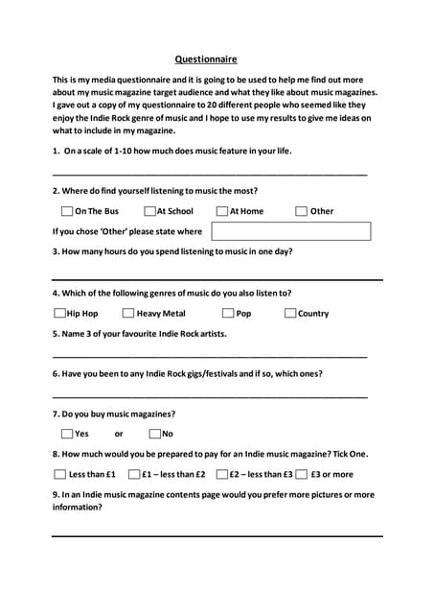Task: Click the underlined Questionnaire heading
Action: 206,59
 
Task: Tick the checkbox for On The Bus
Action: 66,211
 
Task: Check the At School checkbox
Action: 150,211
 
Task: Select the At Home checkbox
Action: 221,211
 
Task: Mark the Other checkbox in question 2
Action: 301,211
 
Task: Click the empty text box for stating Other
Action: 290,231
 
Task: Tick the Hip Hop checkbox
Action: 59,313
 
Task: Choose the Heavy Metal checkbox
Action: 128,313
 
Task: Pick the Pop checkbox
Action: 228,313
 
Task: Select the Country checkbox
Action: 290,313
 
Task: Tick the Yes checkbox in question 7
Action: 66,434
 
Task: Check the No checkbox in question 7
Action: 154,434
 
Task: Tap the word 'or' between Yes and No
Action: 119,435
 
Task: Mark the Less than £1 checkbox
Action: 59,474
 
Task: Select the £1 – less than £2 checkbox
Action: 134,474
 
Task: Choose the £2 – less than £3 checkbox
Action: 221,474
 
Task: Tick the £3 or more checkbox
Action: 301,474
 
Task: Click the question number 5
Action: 56,333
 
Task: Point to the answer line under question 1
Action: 210,174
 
